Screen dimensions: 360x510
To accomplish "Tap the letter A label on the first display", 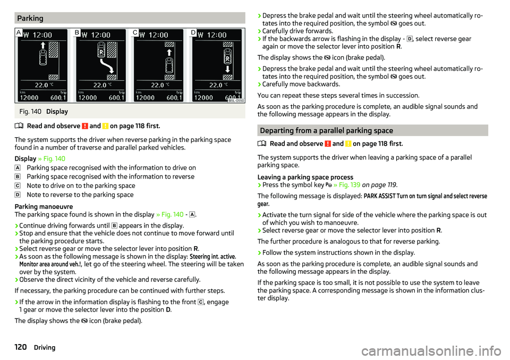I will pyautogui.click(x=19, y=33).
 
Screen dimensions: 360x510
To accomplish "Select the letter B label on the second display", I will pyautogui.click(x=77, y=33).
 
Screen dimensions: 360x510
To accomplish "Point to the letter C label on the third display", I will pyautogui.click(x=135, y=33).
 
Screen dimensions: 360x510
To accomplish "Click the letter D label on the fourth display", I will pyautogui.click(x=193, y=33).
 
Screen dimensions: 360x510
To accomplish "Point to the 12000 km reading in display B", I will pyautogui.click(x=89, y=98).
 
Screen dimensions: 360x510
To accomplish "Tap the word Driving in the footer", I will pyautogui.click(x=45, y=347).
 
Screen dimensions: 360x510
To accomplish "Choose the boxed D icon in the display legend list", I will pyautogui.click(x=18, y=195).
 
